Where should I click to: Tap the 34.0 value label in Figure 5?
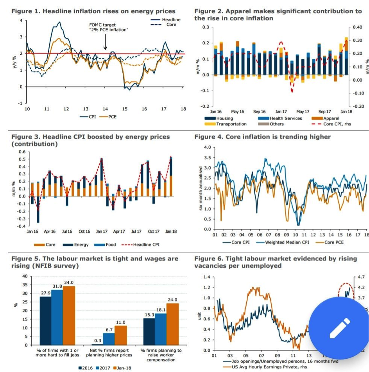69,282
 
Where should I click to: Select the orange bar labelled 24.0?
173,324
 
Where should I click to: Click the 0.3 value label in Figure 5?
98,340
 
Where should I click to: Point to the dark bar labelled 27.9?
45,320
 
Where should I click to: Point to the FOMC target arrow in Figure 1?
105,42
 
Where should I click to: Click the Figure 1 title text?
93,11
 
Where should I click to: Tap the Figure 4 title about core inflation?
262,137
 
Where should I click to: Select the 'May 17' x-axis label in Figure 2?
303,112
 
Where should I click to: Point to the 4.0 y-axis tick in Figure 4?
207,147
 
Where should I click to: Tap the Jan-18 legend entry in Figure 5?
122,368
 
